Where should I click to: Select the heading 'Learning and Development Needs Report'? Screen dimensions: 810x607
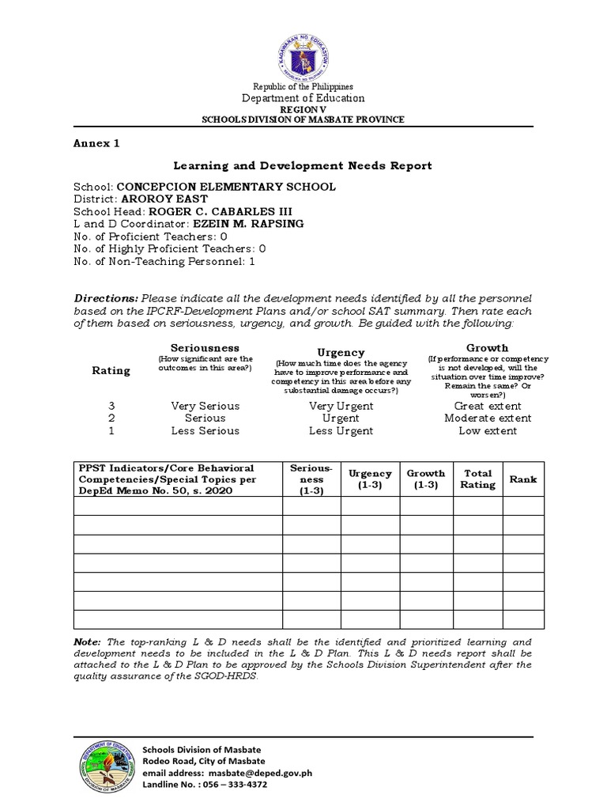[x=303, y=165]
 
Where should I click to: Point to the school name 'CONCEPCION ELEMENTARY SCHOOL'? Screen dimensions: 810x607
[x=226, y=187]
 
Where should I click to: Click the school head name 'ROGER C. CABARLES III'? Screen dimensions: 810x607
[x=215, y=212]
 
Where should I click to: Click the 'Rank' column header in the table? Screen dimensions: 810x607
[x=522, y=479]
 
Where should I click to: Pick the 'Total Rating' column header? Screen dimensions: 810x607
[x=478, y=479]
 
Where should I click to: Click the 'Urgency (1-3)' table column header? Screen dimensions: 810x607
[x=370, y=479]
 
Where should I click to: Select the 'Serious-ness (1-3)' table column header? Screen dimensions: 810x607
[x=311, y=479]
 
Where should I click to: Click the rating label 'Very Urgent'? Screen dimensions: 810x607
[x=341, y=406]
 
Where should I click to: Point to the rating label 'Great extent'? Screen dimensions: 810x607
[x=488, y=406]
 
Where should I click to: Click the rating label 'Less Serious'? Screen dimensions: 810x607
[x=205, y=431]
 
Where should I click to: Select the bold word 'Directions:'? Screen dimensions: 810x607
[x=106, y=298]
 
